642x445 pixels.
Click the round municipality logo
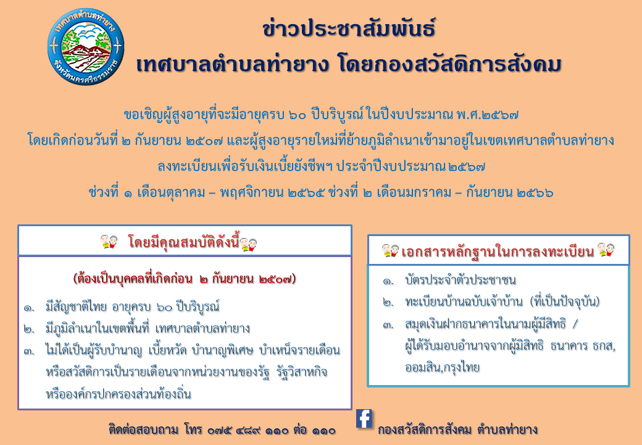(86, 47)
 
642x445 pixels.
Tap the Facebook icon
(364, 419)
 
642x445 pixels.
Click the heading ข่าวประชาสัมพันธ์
(349, 28)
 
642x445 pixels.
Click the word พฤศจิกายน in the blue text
(251, 192)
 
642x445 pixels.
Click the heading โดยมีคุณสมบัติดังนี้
(183, 242)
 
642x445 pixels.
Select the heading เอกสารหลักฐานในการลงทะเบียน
(498, 251)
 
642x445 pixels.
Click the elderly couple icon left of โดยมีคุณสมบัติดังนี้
(109, 241)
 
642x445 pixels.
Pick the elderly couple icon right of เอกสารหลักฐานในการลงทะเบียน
(606, 250)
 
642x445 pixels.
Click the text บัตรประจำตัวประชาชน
(461, 280)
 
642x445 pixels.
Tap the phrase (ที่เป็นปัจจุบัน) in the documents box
(565, 302)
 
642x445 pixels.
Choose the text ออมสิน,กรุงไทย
(442, 367)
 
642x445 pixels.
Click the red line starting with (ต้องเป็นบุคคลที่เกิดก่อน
(184, 279)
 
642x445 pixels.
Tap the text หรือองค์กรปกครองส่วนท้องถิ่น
(119, 394)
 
